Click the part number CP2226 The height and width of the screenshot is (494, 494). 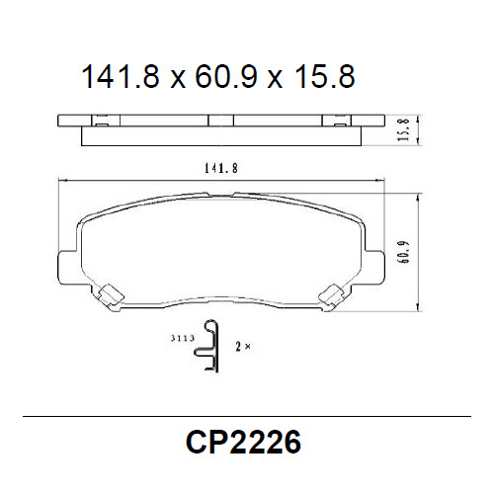(x=243, y=441)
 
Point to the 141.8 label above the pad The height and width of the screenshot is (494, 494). (x=221, y=168)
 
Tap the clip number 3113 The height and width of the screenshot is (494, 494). (x=180, y=339)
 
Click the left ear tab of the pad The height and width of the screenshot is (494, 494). (x=67, y=265)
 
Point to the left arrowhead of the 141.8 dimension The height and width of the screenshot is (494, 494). (x=64, y=179)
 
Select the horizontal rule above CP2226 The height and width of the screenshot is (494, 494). (x=247, y=417)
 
